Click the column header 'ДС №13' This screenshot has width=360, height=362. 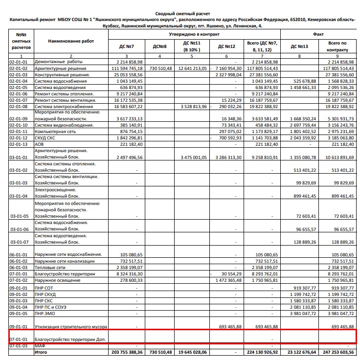tap(299, 46)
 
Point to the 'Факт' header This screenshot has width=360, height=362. tap(318, 35)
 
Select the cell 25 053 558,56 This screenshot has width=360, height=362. tap(127, 74)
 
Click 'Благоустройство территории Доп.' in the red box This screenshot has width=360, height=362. tap(70, 339)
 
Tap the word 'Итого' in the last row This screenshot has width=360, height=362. tap(41, 351)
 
